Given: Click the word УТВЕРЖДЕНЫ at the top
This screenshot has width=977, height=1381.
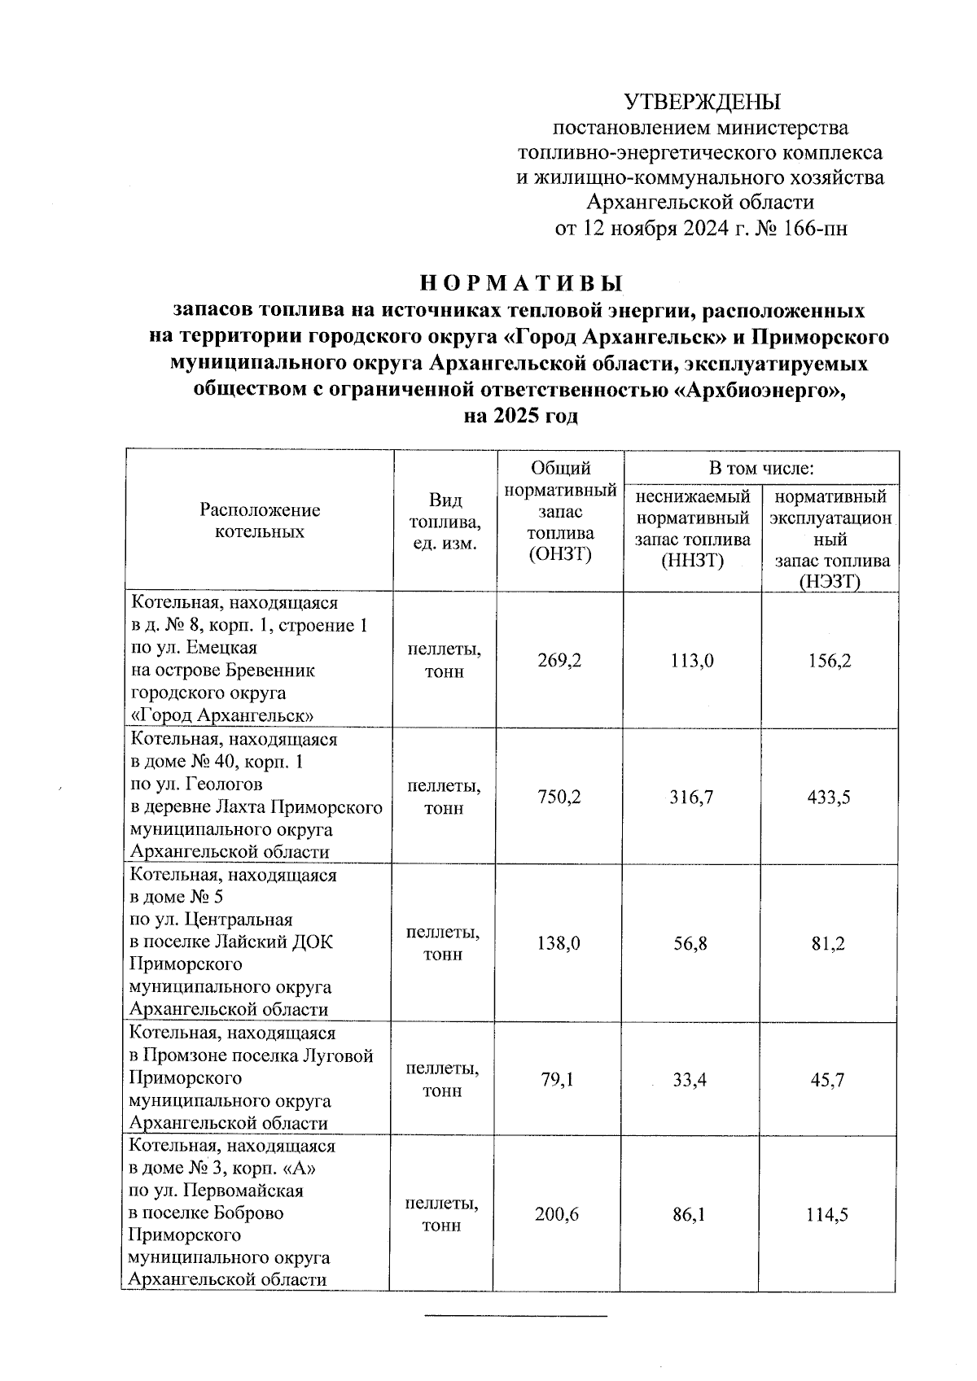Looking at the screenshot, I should click(x=702, y=102).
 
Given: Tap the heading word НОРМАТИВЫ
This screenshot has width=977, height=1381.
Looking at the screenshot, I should click(x=521, y=283).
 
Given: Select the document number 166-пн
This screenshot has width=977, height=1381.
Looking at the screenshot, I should click(x=813, y=229).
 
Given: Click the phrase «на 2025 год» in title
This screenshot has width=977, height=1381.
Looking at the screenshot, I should click(x=521, y=416).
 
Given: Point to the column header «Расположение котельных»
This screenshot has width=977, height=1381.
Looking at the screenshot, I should click(x=260, y=521).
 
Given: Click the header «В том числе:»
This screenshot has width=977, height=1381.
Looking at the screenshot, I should click(x=761, y=468).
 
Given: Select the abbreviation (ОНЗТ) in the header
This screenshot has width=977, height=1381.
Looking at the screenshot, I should click(x=560, y=555).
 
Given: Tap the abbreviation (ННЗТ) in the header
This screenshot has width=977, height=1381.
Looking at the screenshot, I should click(x=692, y=560).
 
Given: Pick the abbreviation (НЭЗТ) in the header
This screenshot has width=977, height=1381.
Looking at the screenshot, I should click(x=830, y=581).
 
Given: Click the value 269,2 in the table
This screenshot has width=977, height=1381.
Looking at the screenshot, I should click(x=559, y=660).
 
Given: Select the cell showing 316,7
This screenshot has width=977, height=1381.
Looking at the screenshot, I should click(x=692, y=797).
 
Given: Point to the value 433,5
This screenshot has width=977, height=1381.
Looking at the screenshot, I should click(x=830, y=797).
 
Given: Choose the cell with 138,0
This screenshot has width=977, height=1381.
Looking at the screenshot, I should click(x=559, y=943).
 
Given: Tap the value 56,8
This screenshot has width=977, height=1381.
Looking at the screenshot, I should click(x=690, y=943).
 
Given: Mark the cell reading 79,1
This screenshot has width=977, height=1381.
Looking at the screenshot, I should click(x=558, y=1080).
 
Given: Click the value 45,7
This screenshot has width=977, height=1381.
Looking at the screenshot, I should click(x=827, y=1080).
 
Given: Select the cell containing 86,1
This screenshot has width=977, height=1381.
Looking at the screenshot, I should click(x=689, y=1214).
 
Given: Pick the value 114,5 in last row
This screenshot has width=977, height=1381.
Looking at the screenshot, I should click(x=827, y=1214).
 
